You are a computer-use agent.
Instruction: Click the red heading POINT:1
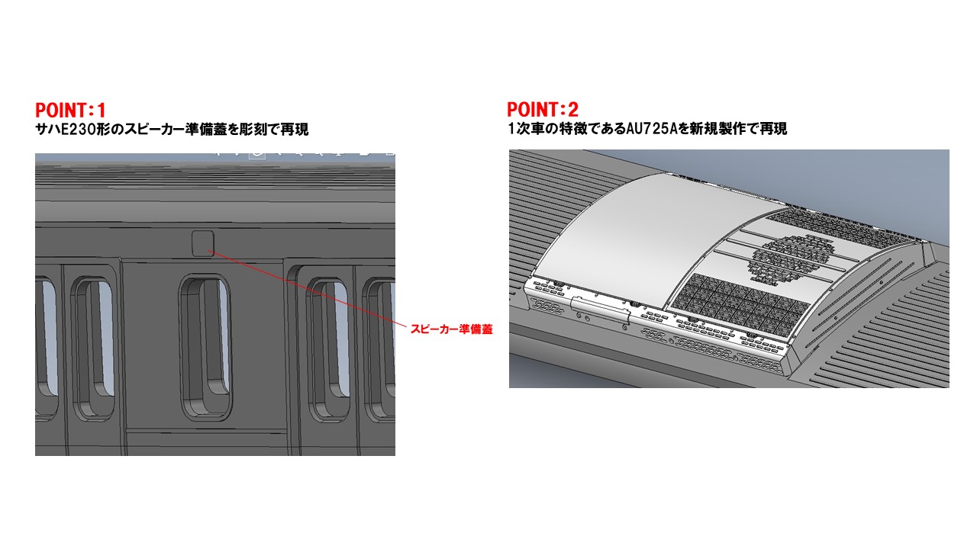coord(70,111)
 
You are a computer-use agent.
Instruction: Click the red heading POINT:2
coord(543,109)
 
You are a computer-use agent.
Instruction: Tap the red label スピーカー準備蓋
coord(451,329)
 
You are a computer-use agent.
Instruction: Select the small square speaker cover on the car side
coord(203,243)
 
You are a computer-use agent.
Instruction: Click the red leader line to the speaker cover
coord(307,288)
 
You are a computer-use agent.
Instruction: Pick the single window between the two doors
coord(205,347)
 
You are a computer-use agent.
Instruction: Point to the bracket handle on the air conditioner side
coord(601,309)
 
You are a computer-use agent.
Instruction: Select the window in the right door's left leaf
coord(328,351)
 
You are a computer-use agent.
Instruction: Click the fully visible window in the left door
coord(93,348)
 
